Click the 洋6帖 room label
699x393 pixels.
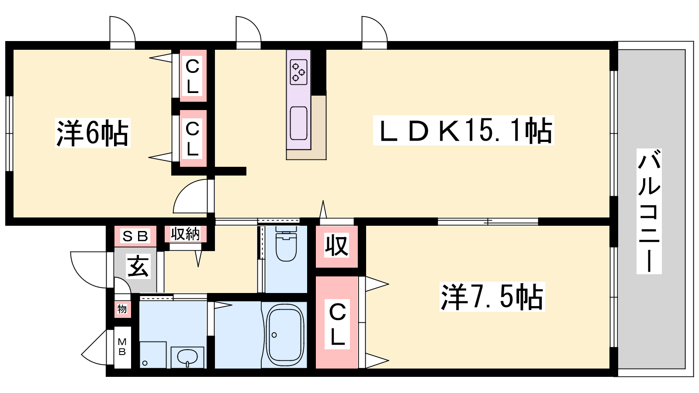(92, 133)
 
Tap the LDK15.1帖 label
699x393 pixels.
(464, 131)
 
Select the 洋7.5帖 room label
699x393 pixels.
(492, 296)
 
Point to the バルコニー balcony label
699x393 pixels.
(649, 211)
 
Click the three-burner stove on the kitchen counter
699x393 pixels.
(299, 72)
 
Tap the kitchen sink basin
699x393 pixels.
(299, 123)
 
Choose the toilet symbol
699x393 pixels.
(286, 244)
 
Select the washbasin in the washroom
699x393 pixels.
(187, 358)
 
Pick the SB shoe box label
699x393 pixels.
(135, 236)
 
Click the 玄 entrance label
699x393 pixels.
(138, 266)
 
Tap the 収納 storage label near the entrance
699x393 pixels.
(185, 234)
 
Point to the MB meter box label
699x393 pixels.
(122, 347)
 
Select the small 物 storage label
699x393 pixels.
(122, 309)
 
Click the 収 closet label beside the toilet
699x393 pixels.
(336, 246)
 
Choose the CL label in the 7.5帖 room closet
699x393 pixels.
(337, 324)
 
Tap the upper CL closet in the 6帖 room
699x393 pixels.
(193, 76)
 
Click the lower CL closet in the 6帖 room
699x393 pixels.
(193, 138)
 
